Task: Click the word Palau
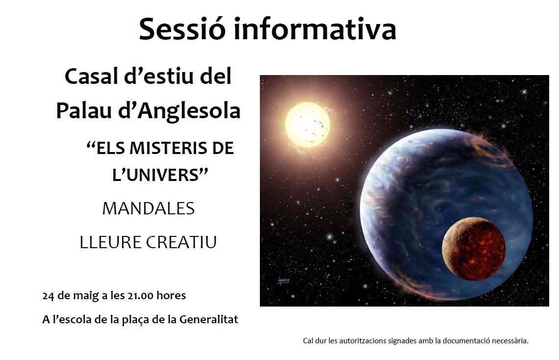tap(84, 110)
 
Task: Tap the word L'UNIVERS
tap(160, 175)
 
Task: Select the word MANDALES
tap(148, 208)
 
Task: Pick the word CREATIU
tap(181, 242)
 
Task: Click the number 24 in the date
tap(48, 296)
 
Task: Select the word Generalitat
tap(208, 319)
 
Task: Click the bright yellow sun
tap(307, 125)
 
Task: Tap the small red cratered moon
tap(474, 249)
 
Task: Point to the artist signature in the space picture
tap(283, 281)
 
